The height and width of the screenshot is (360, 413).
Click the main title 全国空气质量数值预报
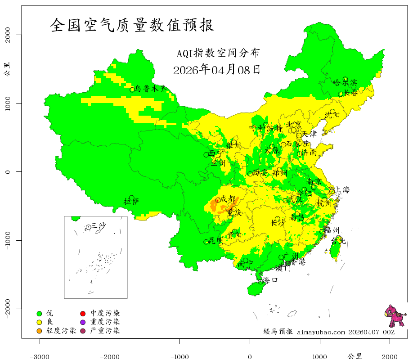pyautogui.click(x=132, y=25)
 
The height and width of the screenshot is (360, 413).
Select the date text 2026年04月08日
pyautogui.click(x=216, y=70)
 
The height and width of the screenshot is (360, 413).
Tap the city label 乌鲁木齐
pyautogui.click(x=151, y=89)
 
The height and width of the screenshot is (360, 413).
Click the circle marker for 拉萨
pyautogui.click(x=132, y=198)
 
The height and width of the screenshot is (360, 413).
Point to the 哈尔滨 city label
pyautogui.click(x=345, y=83)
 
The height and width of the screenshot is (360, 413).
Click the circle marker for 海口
pyautogui.click(x=260, y=282)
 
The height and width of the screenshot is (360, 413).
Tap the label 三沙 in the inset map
pyautogui.click(x=99, y=225)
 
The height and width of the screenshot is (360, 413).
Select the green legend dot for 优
pyautogui.click(x=39, y=313)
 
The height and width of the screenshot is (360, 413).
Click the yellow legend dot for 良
pyautogui.click(x=39, y=322)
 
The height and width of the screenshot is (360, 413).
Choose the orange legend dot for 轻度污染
pyautogui.click(x=39, y=331)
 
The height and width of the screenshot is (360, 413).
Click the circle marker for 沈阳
pyautogui.click(x=332, y=112)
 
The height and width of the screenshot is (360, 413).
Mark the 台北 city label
pyautogui.click(x=338, y=241)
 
